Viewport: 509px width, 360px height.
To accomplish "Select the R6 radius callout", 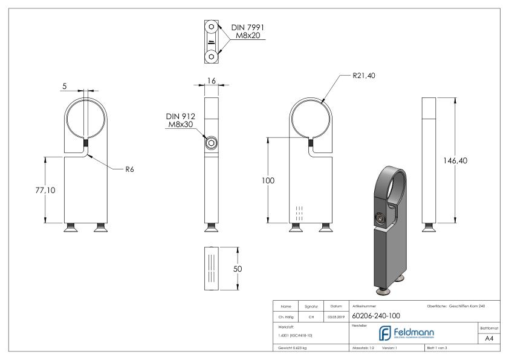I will (129, 169).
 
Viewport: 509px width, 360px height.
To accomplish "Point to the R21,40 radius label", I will (367, 77).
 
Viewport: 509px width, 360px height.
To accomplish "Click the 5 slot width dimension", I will (64, 87).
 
